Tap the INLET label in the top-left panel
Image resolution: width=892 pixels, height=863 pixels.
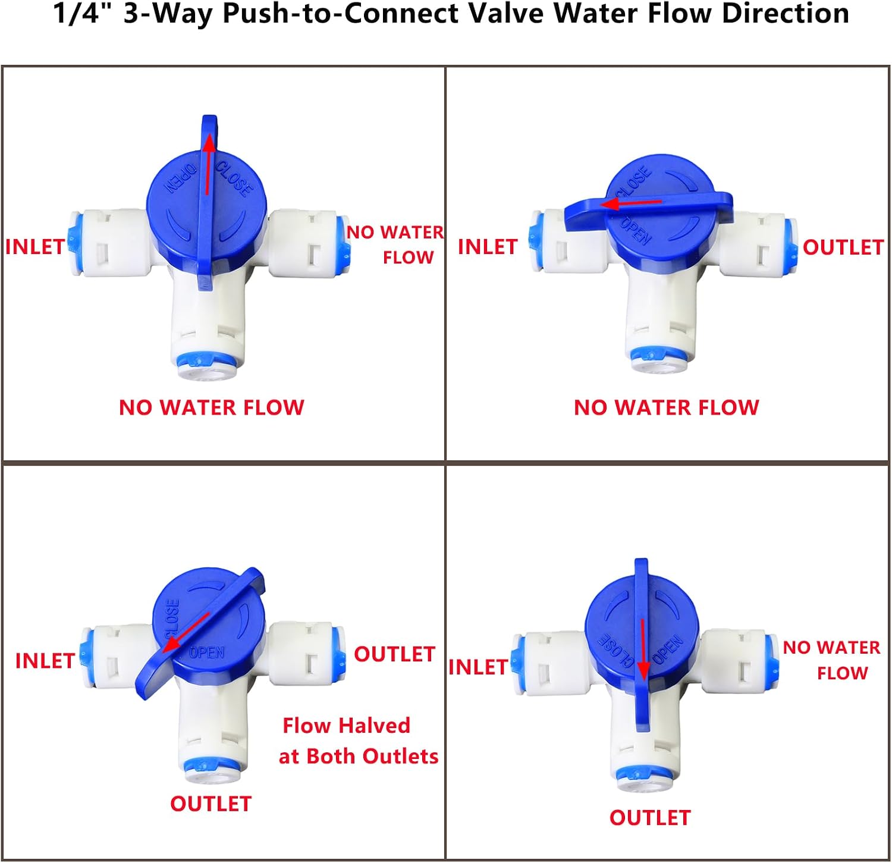coord(35,247)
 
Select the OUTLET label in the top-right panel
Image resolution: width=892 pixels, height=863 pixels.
coord(843,247)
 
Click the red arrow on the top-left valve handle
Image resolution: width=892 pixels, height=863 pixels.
coord(208,165)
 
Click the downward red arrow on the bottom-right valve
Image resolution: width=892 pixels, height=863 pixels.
coord(642,649)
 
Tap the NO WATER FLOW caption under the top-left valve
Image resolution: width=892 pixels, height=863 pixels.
coord(212,407)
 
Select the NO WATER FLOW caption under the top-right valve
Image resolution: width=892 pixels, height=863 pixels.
coord(667,407)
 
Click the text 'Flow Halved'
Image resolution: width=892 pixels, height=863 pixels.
coord(346,726)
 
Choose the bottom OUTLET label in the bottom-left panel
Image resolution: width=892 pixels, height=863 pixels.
coord(211,804)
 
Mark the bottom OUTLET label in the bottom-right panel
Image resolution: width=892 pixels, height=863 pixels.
coord(650,818)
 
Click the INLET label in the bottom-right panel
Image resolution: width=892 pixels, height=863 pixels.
coord(478,667)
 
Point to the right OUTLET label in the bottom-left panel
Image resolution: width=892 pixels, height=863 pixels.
coord(395,654)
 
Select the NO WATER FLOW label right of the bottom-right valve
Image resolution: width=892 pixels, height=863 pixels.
coord(831,660)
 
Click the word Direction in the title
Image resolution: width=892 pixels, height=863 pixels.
coord(786,13)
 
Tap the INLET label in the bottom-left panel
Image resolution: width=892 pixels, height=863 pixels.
coord(45,661)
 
